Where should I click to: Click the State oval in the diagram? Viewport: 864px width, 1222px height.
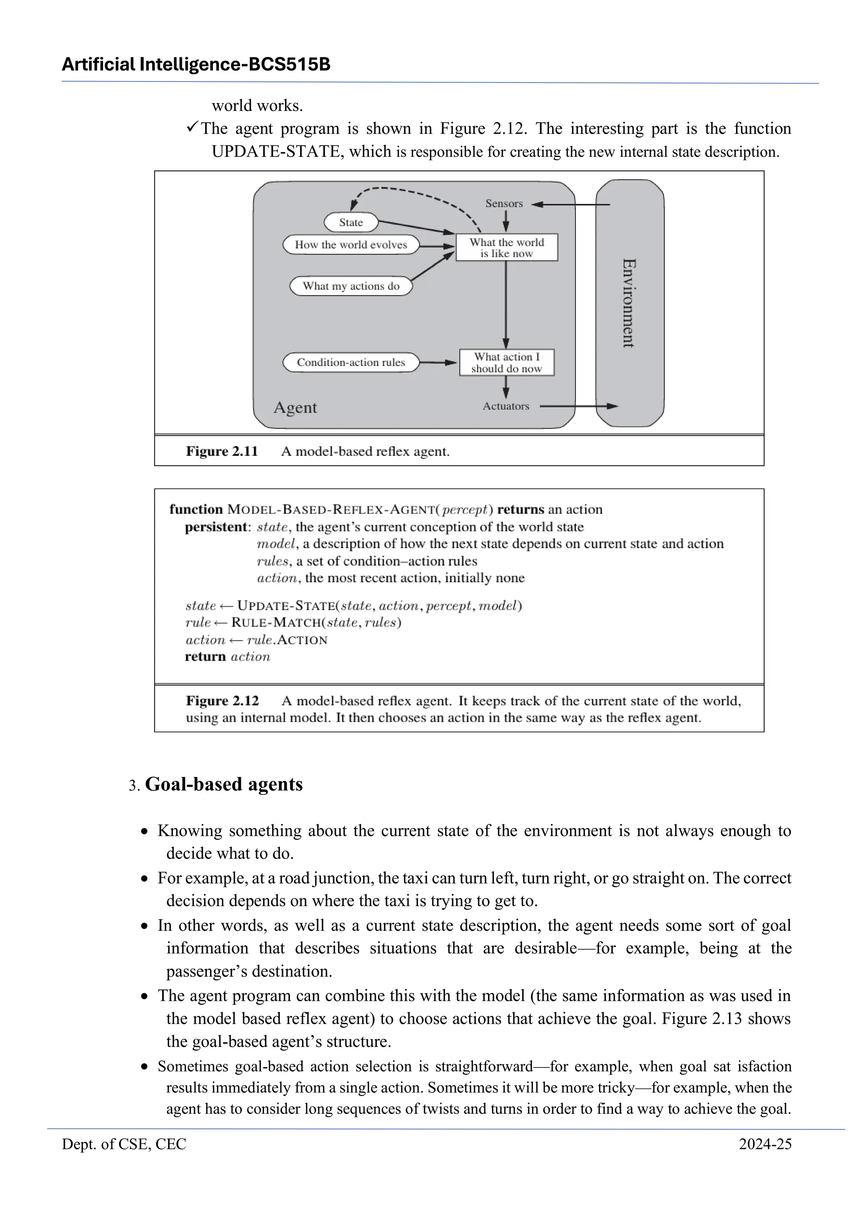click(x=351, y=222)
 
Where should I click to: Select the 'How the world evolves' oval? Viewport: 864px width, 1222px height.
click(x=351, y=245)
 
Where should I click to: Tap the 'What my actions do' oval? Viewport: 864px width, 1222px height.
click(x=351, y=286)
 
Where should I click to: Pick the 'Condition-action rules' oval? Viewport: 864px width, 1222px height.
click(x=351, y=363)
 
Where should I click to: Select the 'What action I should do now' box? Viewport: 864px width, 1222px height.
click(x=507, y=363)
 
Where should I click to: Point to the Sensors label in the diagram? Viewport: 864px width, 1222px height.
click(x=504, y=204)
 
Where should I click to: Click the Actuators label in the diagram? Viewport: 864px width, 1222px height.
click(x=506, y=406)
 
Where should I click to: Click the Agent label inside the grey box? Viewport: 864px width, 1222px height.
click(x=295, y=407)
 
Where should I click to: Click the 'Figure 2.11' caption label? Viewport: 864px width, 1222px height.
click(x=222, y=451)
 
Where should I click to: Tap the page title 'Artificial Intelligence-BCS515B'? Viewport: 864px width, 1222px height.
click(x=196, y=65)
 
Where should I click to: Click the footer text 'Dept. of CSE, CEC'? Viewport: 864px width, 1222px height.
click(x=124, y=1144)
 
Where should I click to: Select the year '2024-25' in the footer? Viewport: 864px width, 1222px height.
click(x=764, y=1144)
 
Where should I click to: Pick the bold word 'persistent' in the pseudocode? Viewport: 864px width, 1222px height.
click(x=216, y=527)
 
